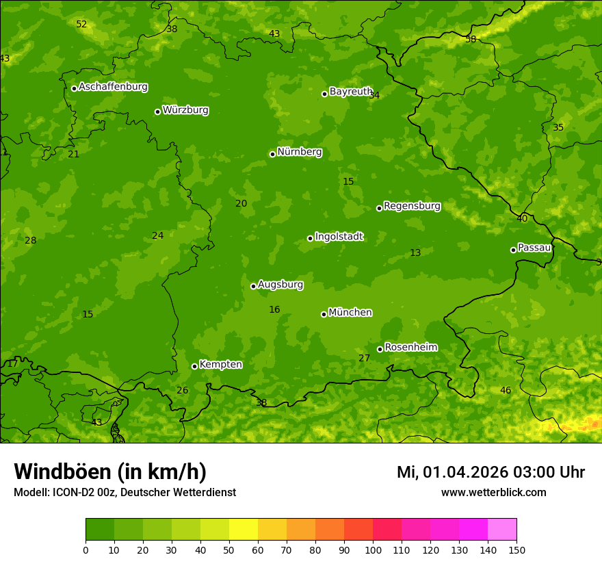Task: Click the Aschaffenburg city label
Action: pos(113,87)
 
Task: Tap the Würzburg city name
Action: pos(185,110)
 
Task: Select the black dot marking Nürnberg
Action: pos(272,154)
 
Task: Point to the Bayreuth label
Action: pos(350,92)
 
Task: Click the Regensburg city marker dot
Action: pos(379,208)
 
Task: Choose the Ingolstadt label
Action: pos(339,237)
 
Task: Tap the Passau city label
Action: pos(534,248)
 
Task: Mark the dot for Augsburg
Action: pos(253,286)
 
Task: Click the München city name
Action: pos(350,313)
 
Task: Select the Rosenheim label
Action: pos(410,348)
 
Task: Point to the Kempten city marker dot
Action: pos(194,366)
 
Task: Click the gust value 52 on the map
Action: pos(81,25)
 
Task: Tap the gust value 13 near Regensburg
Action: pos(415,253)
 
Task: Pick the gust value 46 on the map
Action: pos(506,391)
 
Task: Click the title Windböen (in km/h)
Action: pos(110,472)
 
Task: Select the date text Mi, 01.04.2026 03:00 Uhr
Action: pos(490,472)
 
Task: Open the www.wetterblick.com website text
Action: pos(493,493)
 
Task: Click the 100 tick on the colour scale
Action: pos(373,550)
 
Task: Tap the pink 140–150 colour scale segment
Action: pos(502,530)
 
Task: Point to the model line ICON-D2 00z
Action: pos(125,493)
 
